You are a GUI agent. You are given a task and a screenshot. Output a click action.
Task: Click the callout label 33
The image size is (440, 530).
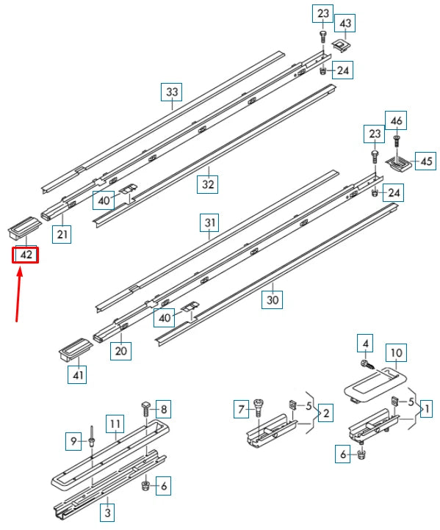coord(172,92)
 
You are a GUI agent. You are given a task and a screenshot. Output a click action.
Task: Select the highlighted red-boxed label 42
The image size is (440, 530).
coord(26,255)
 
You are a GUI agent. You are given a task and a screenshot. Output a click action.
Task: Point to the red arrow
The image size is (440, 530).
coord(20,294)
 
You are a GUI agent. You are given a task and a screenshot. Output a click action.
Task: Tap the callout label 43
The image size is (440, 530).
coord(345,23)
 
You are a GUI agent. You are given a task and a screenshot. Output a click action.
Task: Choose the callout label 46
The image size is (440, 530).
coord(397,120)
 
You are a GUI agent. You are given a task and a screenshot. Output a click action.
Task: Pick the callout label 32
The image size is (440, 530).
coord(208,184)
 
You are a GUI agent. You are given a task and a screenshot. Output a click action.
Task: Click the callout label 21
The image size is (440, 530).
coord(62,234)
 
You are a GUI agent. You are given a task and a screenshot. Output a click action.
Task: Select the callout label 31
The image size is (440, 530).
coord(210,222)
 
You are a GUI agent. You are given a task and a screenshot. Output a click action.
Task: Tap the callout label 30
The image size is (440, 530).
coord(272,300)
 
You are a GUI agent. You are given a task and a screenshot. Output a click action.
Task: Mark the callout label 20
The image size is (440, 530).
coord(121,352)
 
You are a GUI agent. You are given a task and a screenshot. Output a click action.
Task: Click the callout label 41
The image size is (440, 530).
coord(77,375)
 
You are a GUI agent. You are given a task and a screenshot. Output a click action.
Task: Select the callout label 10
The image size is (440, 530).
coord(395,354)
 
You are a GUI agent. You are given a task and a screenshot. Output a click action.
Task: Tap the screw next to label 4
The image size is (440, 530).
coord(366,363)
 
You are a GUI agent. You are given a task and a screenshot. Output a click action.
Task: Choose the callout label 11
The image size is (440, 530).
coord(115,424)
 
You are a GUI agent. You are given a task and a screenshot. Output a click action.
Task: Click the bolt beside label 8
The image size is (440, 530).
coord(145,408)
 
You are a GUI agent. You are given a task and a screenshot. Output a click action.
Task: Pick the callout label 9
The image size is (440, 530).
coord(73,441)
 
